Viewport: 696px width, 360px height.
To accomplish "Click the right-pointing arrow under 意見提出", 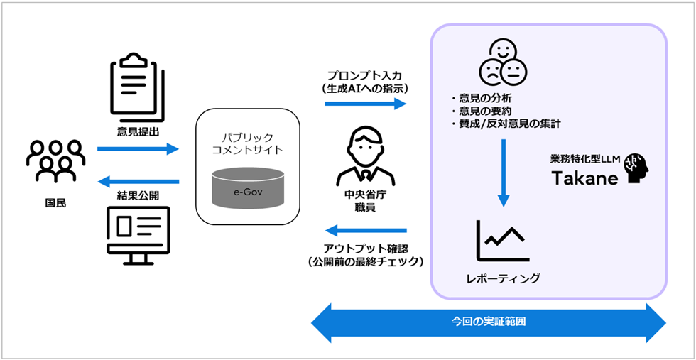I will [x=138, y=149].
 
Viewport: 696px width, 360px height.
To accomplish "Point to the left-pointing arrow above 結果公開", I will [x=138, y=182].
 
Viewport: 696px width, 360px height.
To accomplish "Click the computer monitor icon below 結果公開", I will [x=138, y=235].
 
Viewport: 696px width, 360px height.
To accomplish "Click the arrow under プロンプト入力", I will [x=365, y=104].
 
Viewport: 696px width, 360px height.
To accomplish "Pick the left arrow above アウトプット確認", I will [x=365, y=230].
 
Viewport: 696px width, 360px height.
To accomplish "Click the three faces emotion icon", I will [x=503, y=61].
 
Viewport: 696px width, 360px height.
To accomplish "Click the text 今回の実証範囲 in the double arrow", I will [x=489, y=322].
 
